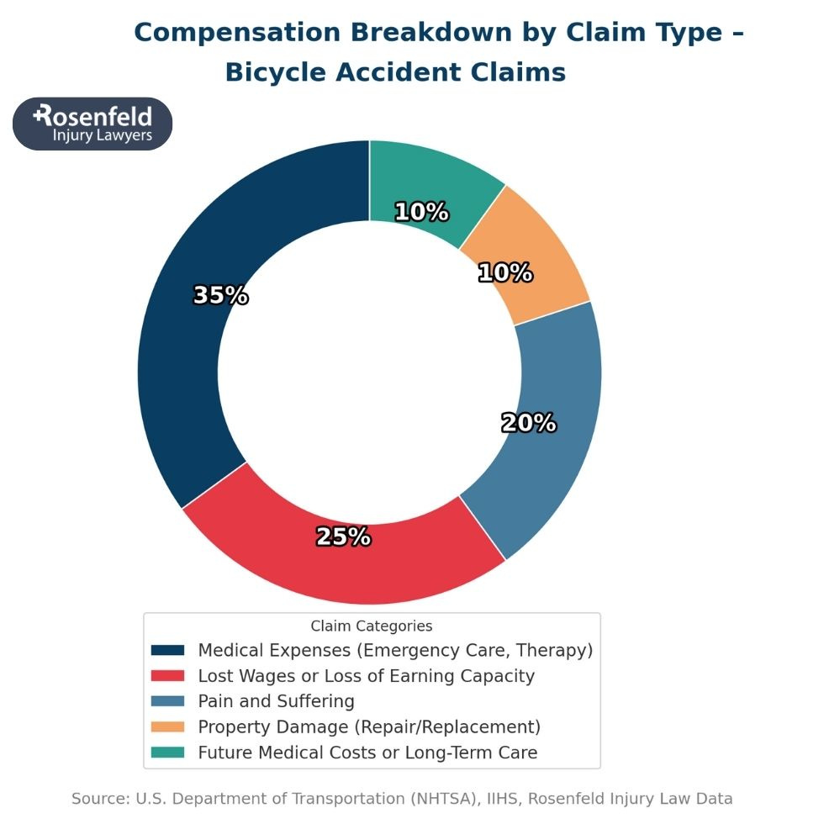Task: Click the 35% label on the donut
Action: (220, 295)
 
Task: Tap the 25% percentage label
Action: (343, 536)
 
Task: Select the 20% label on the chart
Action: (528, 423)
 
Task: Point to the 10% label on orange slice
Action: (504, 272)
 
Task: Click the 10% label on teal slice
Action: (421, 212)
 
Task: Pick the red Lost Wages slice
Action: (336, 572)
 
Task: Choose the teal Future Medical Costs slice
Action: (437, 177)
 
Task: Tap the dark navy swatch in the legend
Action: (167, 651)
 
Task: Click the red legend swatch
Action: (167, 676)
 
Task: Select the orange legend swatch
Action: (167, 726)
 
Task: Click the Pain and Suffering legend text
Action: (276, 701)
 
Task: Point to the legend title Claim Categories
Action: (371, 626)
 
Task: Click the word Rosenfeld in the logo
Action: (94, 115)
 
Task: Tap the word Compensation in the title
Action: (237, 32)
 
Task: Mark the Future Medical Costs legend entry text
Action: (367, 753)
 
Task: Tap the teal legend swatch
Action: (167, 752)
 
